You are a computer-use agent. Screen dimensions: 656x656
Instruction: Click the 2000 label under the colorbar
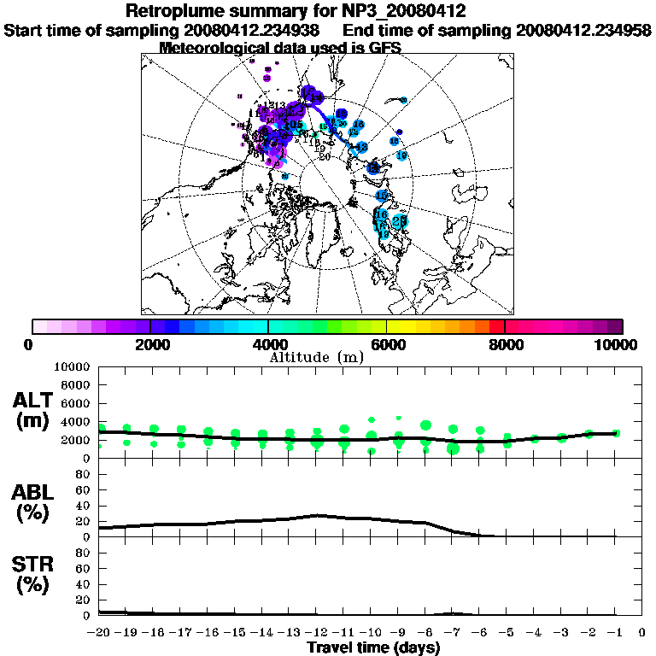point(150,344)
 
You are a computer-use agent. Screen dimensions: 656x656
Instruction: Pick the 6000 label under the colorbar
point(387,344)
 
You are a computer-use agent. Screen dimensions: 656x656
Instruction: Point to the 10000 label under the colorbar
point(617,344)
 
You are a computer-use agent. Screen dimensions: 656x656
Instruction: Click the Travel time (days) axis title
point(373,647)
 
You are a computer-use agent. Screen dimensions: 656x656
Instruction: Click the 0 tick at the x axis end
point(641,633)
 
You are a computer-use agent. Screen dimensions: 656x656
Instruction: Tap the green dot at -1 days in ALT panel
point(616,433)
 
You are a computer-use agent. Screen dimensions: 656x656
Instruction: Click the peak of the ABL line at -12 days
point(317,515)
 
